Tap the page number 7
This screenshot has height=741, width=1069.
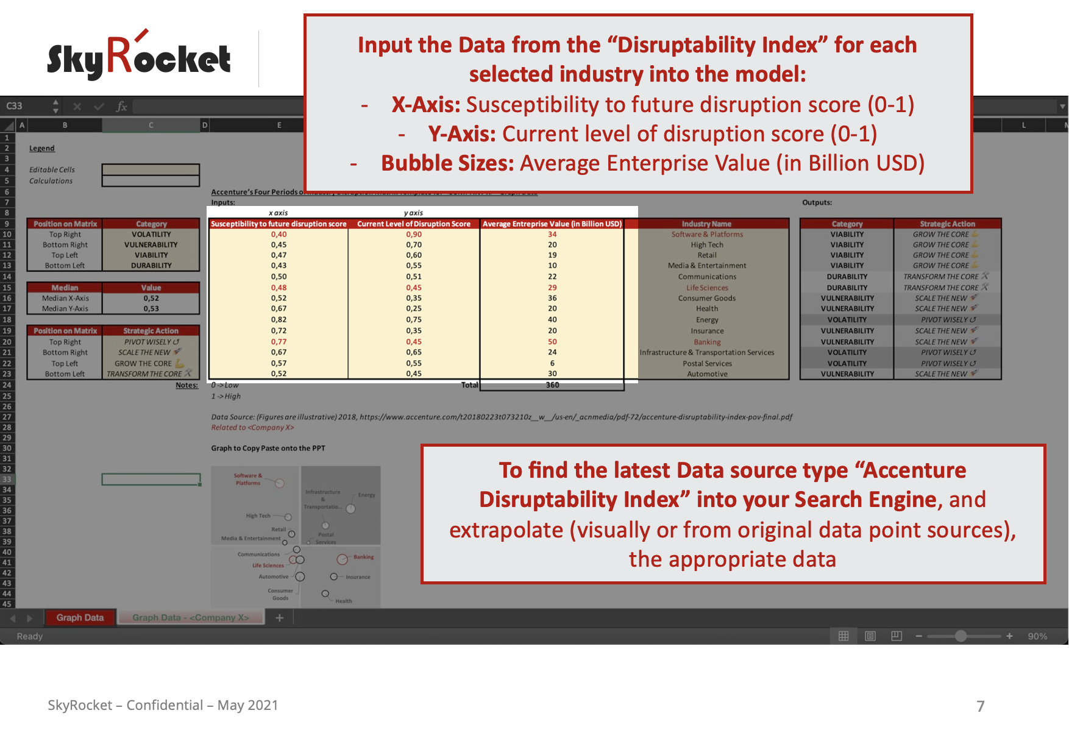[x=980, y=706]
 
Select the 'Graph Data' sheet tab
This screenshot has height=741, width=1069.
[x=80, y=618]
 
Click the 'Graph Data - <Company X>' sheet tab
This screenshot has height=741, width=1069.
[x=191, y=618]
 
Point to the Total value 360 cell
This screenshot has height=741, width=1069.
[x=552, y=385]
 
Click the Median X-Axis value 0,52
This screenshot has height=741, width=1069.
[x=151, y=299]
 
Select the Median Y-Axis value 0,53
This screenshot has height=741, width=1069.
[x=151, y=309]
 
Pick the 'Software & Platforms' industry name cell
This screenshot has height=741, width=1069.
[x=707, y=235]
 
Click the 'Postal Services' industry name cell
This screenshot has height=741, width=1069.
[x=707, y=364]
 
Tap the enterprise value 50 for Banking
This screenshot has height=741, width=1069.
[x=552, y=342]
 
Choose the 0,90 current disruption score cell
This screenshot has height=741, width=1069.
[x=414, y=235]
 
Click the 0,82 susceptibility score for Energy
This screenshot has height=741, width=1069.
[x=279, y=320]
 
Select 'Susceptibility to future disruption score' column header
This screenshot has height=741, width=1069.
[x=279, y=224]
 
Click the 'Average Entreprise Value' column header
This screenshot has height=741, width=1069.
[x=552, y=224]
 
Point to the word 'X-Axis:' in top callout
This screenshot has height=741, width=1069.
[x=426, y=105]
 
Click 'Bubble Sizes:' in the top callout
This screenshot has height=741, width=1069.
[x=447, y=163]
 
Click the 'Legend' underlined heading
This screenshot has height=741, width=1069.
[x=42, y=149]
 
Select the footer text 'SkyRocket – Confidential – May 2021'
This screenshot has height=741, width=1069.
[x=163, y=706]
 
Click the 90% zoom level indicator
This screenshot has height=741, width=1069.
[x=1037, y=636]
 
